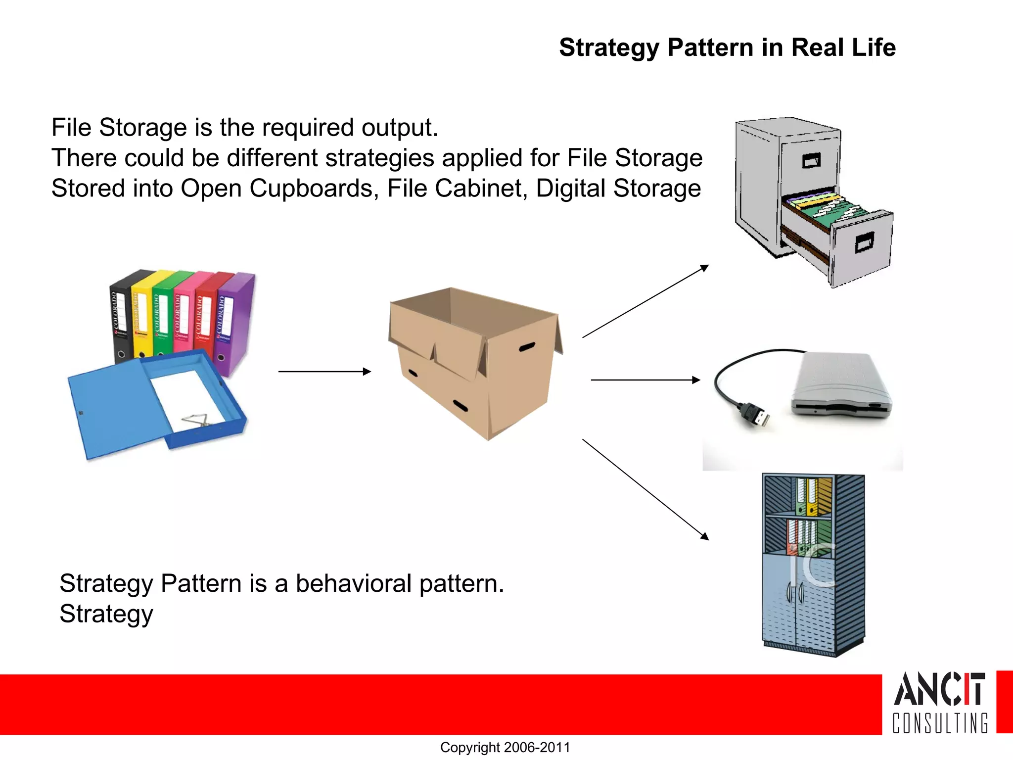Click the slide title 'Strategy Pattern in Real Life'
coord(727,48)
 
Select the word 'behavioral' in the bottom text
coord(353,583)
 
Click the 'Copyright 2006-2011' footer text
coord(505,747)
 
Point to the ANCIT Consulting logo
coord(940,702)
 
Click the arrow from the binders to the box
coord(324,371)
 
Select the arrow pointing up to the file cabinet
coord(645,301)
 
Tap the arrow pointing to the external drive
coord(645,380)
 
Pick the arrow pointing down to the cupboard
coord(645,489)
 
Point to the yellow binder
coord(141,317)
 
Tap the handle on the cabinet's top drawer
coord(811,160)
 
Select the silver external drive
coord(841,386)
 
